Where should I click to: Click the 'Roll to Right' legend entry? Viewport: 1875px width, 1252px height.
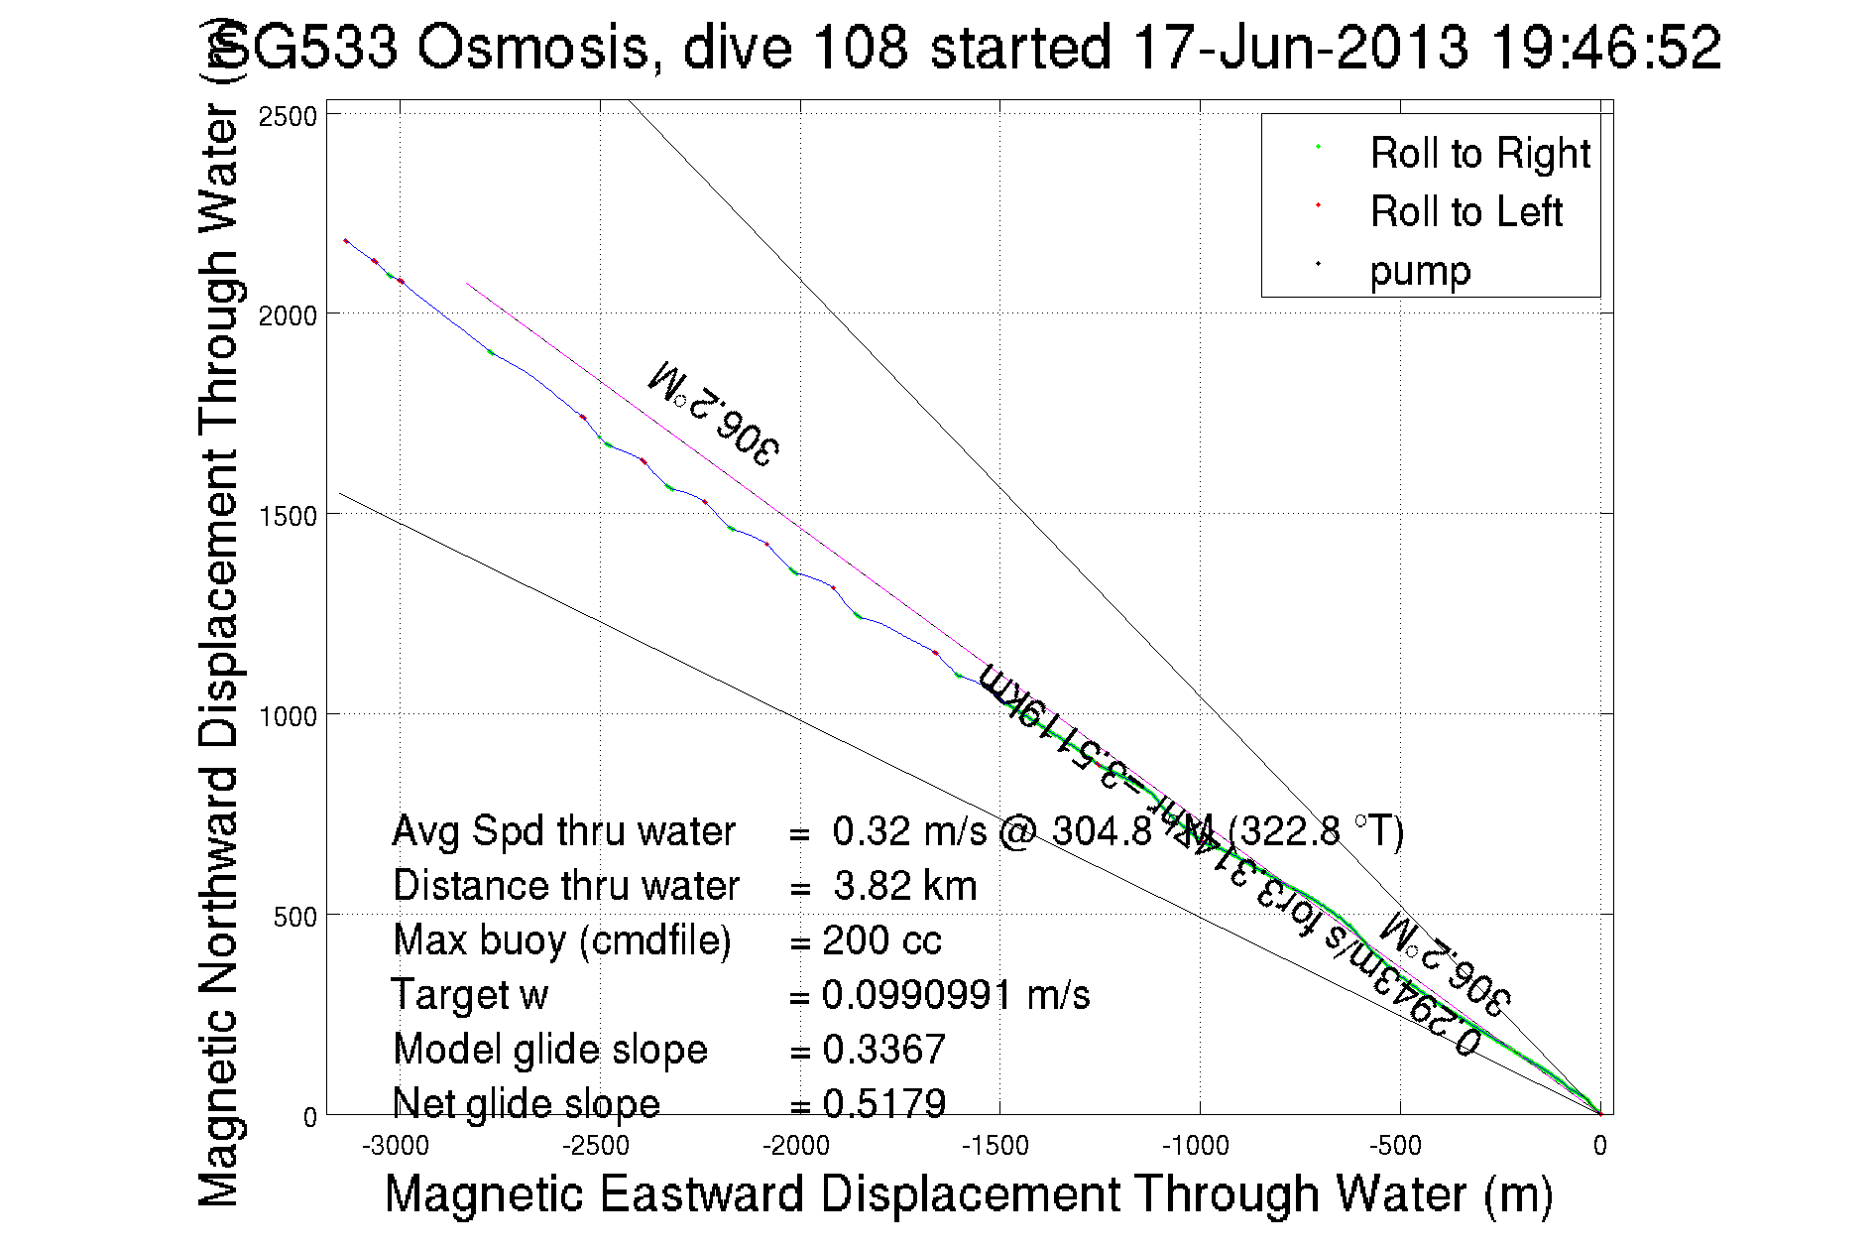(x=1478, y=154)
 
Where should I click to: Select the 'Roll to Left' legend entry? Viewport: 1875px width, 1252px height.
(x=1465, y=212)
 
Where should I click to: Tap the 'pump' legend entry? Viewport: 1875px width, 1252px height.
(x=1420, y=271)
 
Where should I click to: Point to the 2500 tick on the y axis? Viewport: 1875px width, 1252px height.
(x=288, y=116)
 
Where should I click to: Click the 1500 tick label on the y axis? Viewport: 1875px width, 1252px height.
(x=288, y=516)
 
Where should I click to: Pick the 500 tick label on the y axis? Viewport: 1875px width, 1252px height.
(x=294, y=916)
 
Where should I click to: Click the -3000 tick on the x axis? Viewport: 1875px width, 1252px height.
(x=396, y=1147)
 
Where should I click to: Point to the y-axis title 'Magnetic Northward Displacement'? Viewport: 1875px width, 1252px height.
(x=219, y=655)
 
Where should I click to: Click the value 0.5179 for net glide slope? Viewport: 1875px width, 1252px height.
(x=883, y=1103)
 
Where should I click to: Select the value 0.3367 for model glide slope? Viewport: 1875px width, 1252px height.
(x=883, y=1050)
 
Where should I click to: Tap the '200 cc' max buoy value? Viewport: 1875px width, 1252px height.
(x=881, y=940)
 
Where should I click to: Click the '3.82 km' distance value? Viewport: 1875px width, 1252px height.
(x=904, y=886)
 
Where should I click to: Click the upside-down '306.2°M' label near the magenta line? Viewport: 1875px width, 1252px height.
(x=713, y=413)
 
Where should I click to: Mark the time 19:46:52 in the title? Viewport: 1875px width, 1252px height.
(x=1606, y=47)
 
